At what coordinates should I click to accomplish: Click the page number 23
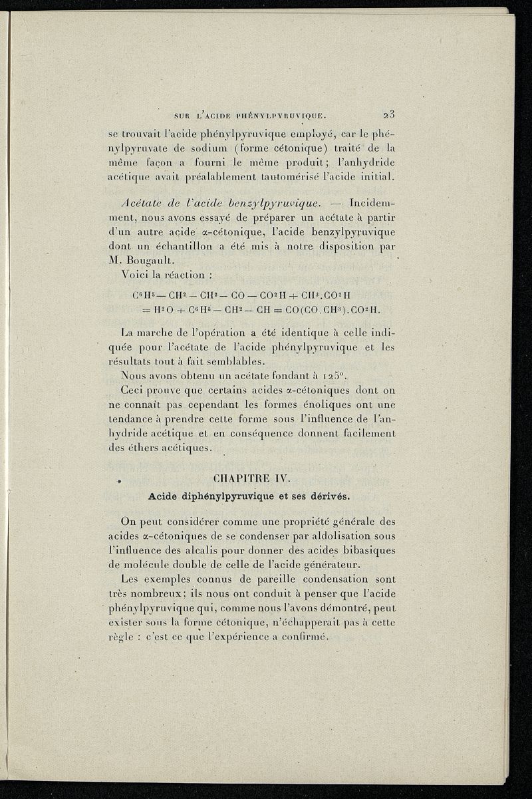390,114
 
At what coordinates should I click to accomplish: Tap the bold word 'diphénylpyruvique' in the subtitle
224,496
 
